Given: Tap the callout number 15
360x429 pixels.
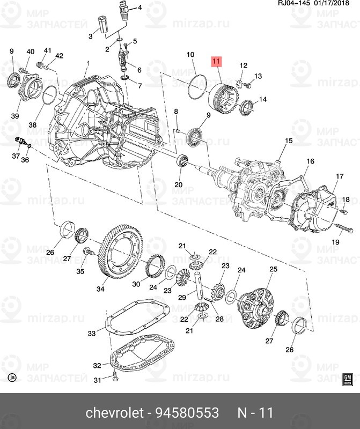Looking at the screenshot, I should pyautogui.click(x=288, y=141).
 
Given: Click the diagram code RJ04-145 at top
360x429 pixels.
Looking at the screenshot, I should pyautogui.click(x=293, y=5).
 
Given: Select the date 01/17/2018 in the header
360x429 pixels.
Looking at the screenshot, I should pyautogui.click(x=336, y=5).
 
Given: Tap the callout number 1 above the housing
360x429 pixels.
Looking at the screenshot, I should pyautogui.click(x=87, y=64).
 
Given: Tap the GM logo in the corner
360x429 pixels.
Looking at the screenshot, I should pyautogui.click(x=347, y=378).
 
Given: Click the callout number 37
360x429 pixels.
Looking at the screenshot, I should pyautogui.click(x=16, y=157).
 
